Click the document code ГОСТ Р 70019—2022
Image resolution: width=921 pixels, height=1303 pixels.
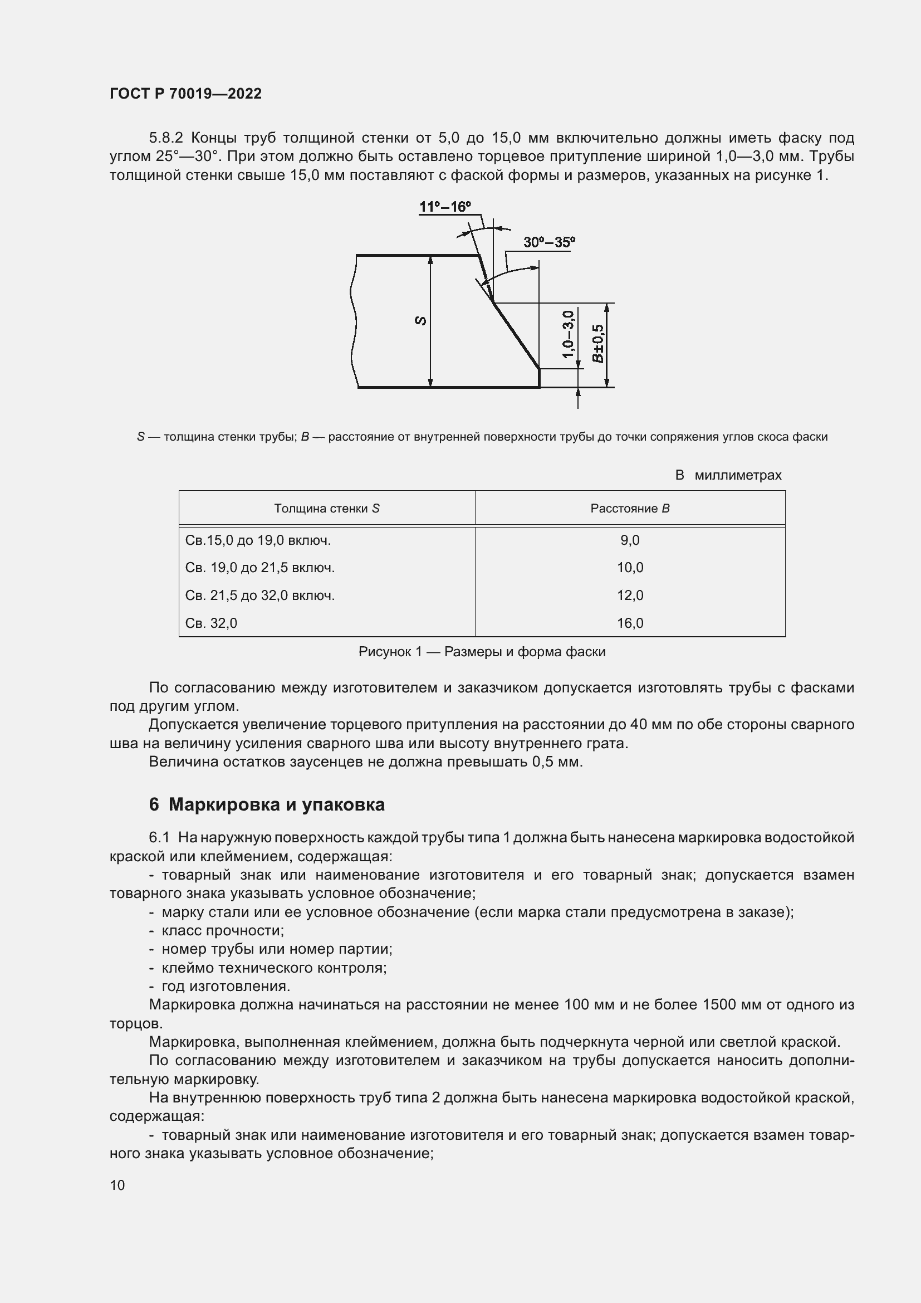185,94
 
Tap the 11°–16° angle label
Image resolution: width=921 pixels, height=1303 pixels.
445,207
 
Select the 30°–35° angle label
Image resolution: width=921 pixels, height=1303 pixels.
549,242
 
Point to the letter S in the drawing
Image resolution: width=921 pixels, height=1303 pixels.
421,321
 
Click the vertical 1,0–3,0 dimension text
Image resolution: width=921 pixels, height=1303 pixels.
569,334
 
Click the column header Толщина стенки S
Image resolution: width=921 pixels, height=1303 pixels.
327,509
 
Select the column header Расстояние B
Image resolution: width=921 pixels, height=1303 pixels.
630,509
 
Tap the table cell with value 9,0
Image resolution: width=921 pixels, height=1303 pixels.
630,540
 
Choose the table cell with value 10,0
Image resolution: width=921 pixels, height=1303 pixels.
630,568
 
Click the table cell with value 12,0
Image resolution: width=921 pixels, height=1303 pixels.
630,596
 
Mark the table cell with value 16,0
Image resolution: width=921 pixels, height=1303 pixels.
630,623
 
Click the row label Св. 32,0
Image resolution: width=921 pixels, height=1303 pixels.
211,623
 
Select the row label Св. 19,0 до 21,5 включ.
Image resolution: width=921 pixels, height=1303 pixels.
259,568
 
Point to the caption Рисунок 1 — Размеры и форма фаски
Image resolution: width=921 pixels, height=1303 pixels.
482,652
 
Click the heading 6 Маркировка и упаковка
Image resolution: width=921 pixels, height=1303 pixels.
267,804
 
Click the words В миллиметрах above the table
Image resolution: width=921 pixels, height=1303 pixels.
728,475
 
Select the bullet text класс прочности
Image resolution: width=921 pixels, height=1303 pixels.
222,930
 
